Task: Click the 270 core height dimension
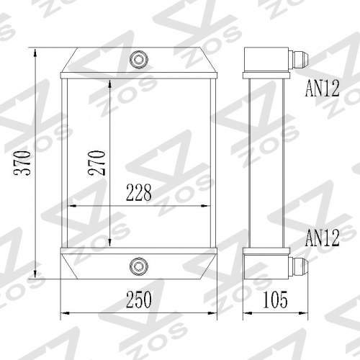(x=99, y=163)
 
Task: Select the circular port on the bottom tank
(x=138, y=266)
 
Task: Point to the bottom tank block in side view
(x=260, y=266)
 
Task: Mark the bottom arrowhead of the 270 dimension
(x=109, y=243)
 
